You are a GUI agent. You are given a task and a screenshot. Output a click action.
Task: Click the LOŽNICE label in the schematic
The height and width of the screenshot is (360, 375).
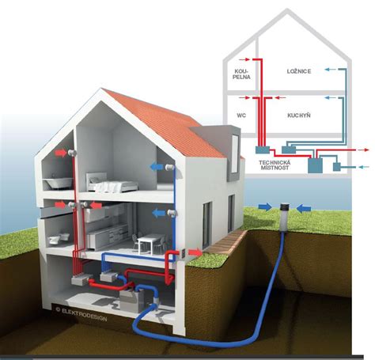(x=299, y=71)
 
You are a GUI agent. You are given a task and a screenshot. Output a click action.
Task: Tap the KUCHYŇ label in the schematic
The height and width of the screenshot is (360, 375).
(x=299, y=116)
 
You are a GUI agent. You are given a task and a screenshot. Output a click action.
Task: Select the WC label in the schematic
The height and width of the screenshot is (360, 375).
(x=241, y=116)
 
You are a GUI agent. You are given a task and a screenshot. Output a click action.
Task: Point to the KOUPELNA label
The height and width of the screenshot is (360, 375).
(x=242, y=74)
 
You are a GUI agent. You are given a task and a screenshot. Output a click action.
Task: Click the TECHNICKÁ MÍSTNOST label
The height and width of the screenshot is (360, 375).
(x=275, y=165)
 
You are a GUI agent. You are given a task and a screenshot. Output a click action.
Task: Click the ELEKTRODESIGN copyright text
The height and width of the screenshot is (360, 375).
(x=81, y=315)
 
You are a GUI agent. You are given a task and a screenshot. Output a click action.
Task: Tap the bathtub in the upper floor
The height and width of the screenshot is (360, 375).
(x=58, y=183)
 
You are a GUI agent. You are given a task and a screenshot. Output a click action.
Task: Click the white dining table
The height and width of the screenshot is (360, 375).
(x=151, y=244)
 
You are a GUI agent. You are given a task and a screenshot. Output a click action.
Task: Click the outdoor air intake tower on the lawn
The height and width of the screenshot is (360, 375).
(x=285, y=218)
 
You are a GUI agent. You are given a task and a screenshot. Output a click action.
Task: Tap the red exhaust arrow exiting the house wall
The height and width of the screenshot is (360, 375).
(x=195, y=252)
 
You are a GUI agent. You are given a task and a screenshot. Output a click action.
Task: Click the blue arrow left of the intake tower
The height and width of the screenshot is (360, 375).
(x=265, y=207)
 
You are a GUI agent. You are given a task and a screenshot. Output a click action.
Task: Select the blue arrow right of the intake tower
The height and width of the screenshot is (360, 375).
(x=304, y=209)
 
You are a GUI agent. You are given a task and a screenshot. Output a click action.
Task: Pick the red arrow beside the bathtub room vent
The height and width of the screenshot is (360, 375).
(x=61, y=153)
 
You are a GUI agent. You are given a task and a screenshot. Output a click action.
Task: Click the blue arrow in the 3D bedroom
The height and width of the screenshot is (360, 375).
(x=157, y=167)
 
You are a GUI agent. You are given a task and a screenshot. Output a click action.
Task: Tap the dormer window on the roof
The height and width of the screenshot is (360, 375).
(x=234, y=154)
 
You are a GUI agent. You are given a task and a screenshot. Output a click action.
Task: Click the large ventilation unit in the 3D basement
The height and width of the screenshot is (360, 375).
(x=132, y=300)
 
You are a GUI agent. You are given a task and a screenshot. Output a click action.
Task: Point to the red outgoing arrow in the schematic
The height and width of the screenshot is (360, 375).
(x=363, y=150)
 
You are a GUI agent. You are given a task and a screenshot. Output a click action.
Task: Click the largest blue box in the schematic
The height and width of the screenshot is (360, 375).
(x=315, y=165)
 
